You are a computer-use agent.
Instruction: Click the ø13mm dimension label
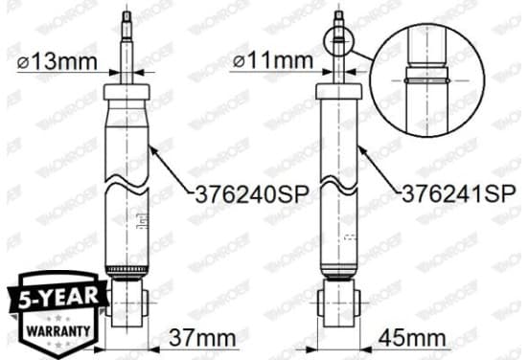[x=57, y=62]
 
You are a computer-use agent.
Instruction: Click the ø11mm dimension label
[x=273, y=61]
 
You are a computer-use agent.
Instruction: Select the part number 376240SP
[x=252, y=194]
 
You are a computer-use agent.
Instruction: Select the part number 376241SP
[x=459, y=193]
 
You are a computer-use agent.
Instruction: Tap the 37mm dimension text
[x=202, y=338]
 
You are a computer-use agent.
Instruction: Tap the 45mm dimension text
[x=412, y=338]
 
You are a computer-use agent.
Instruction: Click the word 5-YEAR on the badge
[x=58, y=298]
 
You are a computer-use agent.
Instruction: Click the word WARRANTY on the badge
[x=58, y=330]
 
